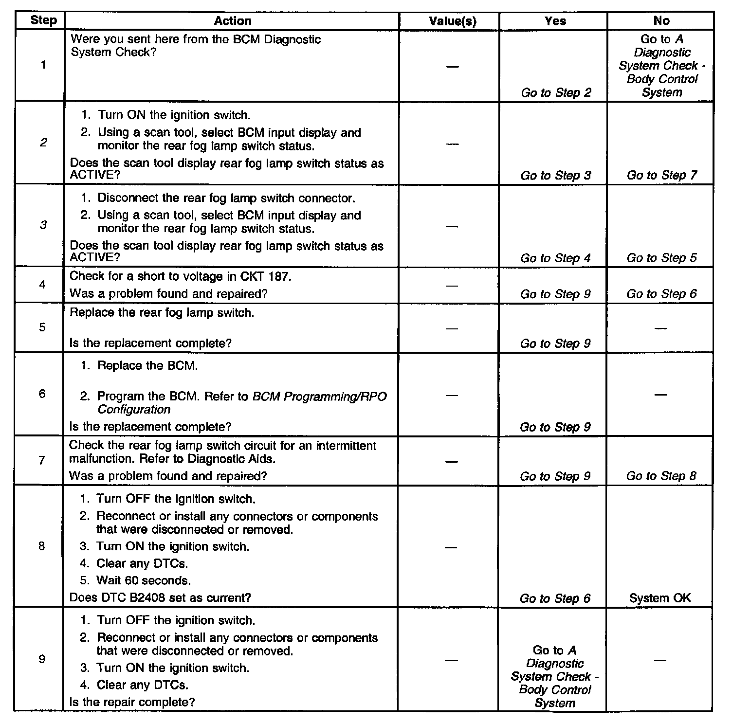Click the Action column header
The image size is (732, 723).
click(x=233, y=21)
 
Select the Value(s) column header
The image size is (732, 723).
click(x=452, y=21)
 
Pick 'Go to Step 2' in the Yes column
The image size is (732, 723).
click(x=556, y=92)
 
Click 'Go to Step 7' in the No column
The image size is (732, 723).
click(x=661, y=175)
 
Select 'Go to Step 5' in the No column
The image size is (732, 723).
click(x=661, y=258)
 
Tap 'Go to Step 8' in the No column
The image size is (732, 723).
click(x=661, y=476)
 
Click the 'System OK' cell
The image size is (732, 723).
click(x=659, y=598)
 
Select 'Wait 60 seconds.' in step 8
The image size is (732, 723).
click(x=144, y=580)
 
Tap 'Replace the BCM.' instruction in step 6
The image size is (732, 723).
click(x=147, y=366)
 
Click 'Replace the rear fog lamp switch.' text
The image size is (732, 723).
click(x=162, y=312)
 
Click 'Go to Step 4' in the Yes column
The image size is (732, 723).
click(x=555, y=258)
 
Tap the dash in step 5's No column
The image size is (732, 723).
click(x=660, y=328)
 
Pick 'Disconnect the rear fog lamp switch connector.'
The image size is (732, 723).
click(x=226, y=198)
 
